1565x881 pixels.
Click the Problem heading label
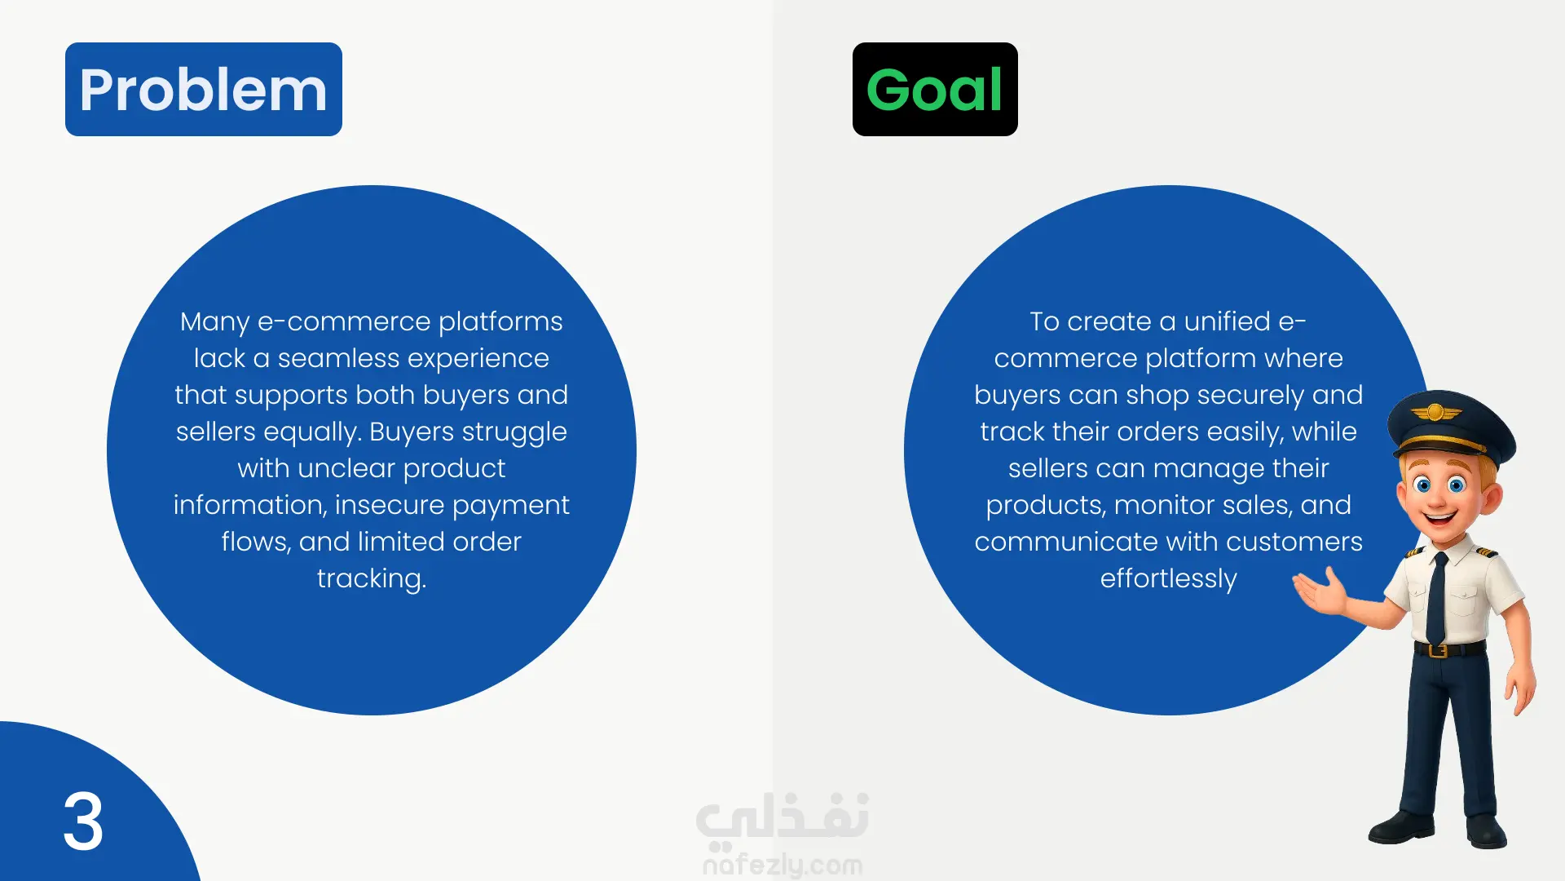(x=204, y=89)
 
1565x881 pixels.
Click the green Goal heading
(x=935, y=89)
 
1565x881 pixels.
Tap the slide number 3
(x=83, y=821)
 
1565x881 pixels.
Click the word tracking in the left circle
(x=372, y=579)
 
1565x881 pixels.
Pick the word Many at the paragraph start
(x=214, y=322)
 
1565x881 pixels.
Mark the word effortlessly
(x=1169, y=579)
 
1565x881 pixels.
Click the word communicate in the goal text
(x=1068, y=542)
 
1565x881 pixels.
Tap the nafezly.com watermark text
(x=782, y=864)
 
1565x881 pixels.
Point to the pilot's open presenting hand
(x=1320, y=591)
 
